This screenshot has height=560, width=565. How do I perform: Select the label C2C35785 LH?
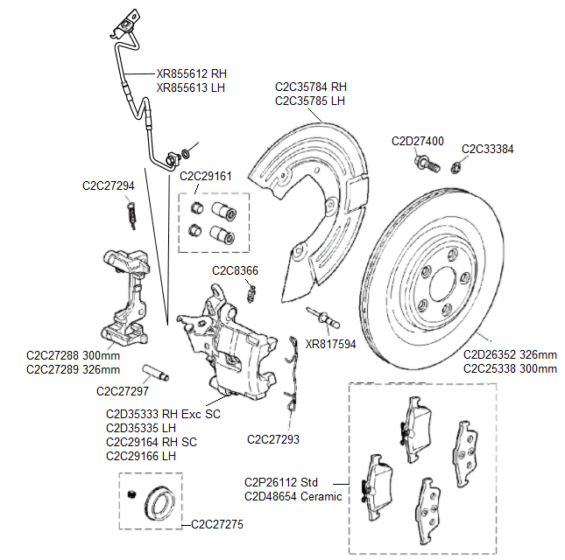pyautogui.click(x=310, y=101)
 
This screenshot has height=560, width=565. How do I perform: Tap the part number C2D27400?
pyautogui.click(x=417, y=141)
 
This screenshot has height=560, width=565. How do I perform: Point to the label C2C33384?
pyautogui.click(x=487, y=149)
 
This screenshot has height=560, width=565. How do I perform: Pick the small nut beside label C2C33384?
pyautogui.click(x=456, y=166)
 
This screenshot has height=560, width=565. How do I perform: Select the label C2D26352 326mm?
pyautogui.click(x=510, y=355)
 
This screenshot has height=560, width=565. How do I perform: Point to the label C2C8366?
pyautogui.click(x=235, y=270)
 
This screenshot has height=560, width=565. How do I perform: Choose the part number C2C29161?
pyautogui.click(x=206, y=176)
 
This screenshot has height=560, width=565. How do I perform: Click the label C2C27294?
pyautogui.click(x=109, y=185)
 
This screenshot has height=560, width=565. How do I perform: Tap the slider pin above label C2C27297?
pyautogui.click(x=158, y=372)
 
